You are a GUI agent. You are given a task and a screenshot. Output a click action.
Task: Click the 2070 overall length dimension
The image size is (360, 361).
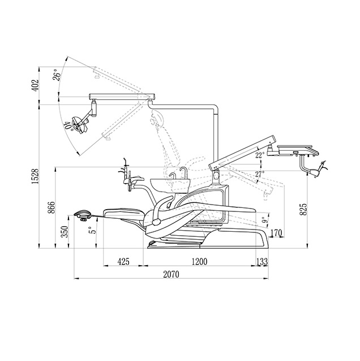pyautogui.click(x=171, y=274)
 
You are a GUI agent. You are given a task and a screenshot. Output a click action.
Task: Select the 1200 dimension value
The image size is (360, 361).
pyautogui.click(x=200, y=262)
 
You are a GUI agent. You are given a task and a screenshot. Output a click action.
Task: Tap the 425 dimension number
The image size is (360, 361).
pyautogui.click(x=123, y=262)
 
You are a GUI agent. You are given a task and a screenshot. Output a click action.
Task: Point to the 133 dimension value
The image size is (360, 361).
pyautogui.click(x=262, y=262)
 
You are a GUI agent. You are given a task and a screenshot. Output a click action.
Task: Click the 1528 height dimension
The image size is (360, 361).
pyautogui.click(x=35, y=177)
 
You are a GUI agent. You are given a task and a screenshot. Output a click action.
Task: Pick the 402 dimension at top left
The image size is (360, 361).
pyautogui.click(x=35, y=86)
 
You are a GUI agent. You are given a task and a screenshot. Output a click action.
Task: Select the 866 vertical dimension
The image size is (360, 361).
pyautogui.click(x=52, y=207)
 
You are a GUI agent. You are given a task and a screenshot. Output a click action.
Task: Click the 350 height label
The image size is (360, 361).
pyautogui.click(x=65, y=232)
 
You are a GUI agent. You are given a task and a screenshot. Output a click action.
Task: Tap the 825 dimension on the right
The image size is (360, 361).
pyautogui.click(x=303, y=209)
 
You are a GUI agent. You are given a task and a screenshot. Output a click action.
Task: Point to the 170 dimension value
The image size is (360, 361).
pyautogui.click(x=276, y=233)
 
